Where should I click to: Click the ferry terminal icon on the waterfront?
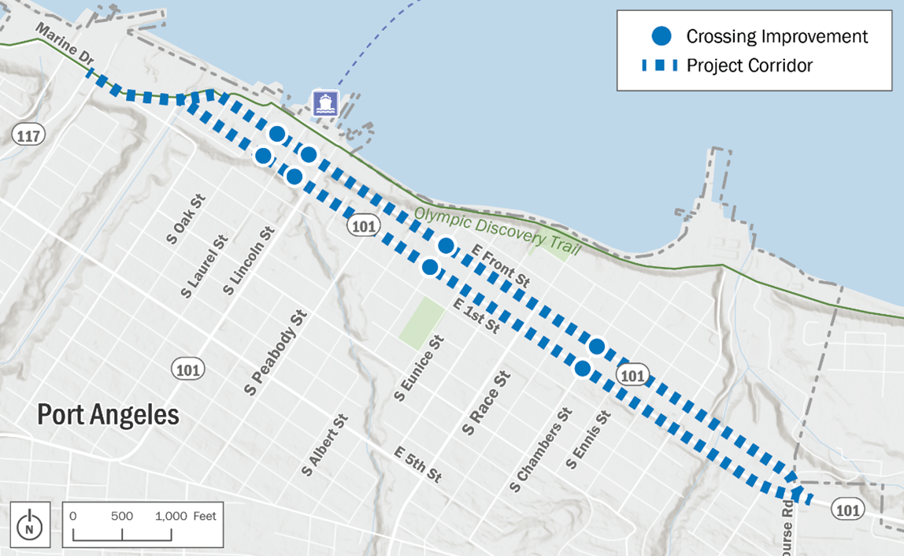(x=325, y=103)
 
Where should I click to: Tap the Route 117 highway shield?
(x=28, y=135)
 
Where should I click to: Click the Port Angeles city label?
(x=108, y=414)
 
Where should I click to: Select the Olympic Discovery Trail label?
(x=497, y=231)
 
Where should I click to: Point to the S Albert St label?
(x=324, y=446)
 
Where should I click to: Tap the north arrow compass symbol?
(x=30, y=522)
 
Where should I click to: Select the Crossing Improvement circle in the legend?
(x=662, y=36)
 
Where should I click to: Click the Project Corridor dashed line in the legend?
(x=660, y=65)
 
